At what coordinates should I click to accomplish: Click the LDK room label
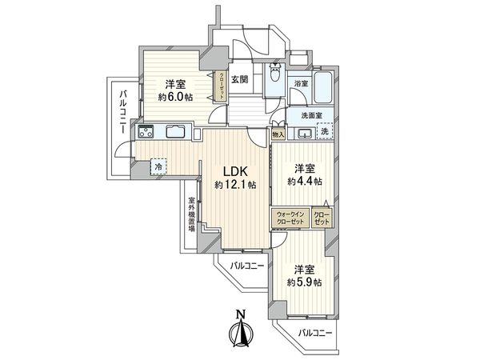(x=234, y=170)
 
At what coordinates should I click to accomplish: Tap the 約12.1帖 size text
(x=234, y=185)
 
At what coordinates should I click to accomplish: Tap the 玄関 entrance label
(x=240, y=79)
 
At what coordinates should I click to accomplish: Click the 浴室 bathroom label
(x=301, y=82)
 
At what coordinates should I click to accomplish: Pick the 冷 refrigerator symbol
(x=159, y=167)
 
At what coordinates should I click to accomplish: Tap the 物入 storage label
(x=278, y=136)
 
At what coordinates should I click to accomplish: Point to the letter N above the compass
(x=241, y=314)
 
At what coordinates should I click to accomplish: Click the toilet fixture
(x=275, y=78)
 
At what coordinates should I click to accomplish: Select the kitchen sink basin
(x=177, y=132)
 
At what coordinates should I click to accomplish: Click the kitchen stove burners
(x=146, y=132)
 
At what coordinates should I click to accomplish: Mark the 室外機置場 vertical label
(x=192, y=214)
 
